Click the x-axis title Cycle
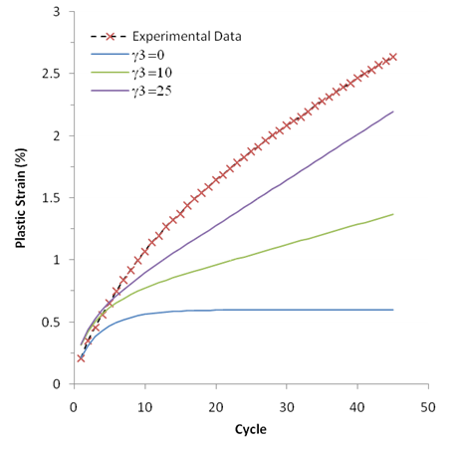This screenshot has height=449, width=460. (250, 429)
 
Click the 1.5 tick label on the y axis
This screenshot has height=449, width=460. (52, 198)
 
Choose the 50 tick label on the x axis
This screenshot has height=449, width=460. (428, 406)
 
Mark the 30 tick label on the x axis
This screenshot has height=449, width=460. (287, 406)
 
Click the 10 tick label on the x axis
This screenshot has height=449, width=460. (144, 406)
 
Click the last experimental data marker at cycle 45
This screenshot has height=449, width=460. (393, 57)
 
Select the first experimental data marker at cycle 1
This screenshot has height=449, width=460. (81, 357)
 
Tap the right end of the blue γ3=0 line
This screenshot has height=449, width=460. (393, 310)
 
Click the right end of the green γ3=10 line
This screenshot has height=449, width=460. (393, 214)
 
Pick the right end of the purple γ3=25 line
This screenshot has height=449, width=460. (393, 112)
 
